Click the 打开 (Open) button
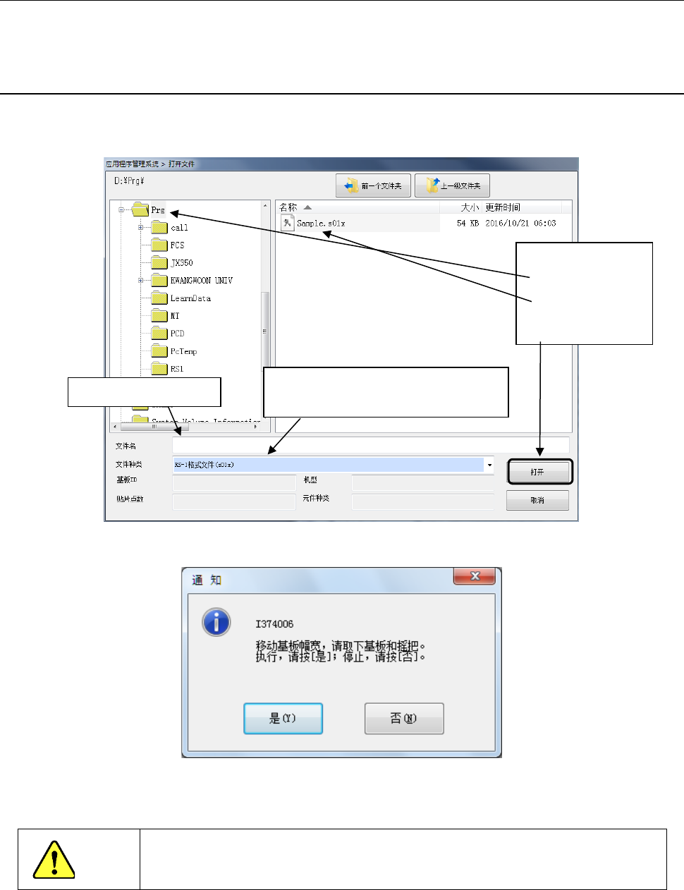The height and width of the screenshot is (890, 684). pyautogui.click(x=539, y=472)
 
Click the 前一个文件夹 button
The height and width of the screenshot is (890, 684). pyautogui.click(x=373, y=186)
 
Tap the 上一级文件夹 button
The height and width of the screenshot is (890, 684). pyautogui.click(x=452, y=186)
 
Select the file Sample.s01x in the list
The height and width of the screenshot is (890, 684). pyautogui.click(x=321, y=224)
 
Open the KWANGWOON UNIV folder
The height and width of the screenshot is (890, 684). pyautogui.click(x=201, y=281)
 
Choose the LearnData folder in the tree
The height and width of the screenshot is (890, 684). pyautogui.click(x=190, y=298)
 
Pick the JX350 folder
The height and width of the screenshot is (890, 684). pyautogui.click(x=181, y=263)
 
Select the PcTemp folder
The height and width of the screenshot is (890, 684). pyautogui.click(x=183, y=351)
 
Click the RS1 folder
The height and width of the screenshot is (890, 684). pyautogui.click(x=176, y=369)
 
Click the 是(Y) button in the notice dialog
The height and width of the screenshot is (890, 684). pyautogui.click(x=283, y=719)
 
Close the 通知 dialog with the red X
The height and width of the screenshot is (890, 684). pyautogui.click(x=475, y=576)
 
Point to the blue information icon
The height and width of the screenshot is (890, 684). pyautogui.click(x=216, y=622)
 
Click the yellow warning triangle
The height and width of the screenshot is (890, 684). pyautogui.click(x=54, y=860)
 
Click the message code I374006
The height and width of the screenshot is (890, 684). pyautogui.click(x=274, y=624)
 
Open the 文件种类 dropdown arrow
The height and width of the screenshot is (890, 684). pyautogui.click(x=489, y=465)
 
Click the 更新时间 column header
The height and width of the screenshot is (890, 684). pyautogui.click(x=503, y=207)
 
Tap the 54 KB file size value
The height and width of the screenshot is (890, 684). pyautogui.click(x=468, y=224)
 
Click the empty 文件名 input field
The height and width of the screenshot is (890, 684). pyautogui.click(x=370, y=445)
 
